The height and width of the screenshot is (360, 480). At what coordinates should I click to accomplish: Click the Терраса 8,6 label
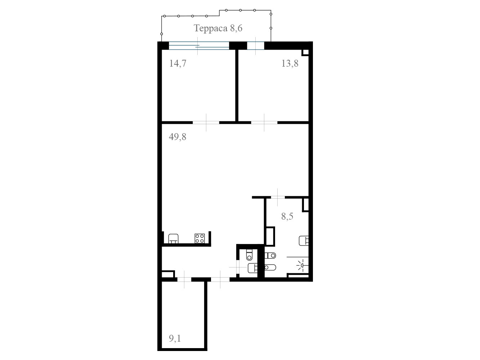pyautogui.click(x=218, y=28)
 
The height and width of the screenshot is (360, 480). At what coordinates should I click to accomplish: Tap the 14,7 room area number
pyautogui.click(x=178, y=63)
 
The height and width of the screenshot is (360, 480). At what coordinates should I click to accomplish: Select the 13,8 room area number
pyautogui.click(x=290, y=63)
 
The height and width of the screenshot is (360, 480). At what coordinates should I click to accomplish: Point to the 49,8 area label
pyautogui.click(x=178, y=137)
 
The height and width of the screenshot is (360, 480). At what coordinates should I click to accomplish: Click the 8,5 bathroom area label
pyautogui.click(x=287, y=216)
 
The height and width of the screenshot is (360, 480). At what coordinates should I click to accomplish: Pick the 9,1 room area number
pyautogui.click(x=175, y=338)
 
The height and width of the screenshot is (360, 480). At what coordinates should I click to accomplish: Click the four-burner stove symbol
pyautogui.click(x=199, y=238)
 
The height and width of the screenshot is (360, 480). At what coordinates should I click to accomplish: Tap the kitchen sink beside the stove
pyautogui.click(x=173, y=238)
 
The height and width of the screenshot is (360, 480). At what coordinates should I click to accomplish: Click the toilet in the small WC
pyautogui.click(x=249, y=255)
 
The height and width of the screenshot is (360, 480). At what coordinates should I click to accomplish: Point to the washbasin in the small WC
pyautogui.click(x=252, y=268)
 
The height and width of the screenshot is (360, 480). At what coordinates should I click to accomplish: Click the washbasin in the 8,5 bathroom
pyautogui.click(x=304, y=240)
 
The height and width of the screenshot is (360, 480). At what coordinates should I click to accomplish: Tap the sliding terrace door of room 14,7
pyautogui.click(x=199, y=46)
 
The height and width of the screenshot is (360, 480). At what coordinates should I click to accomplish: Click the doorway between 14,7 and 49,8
pyautogui.click(x=206, y=123)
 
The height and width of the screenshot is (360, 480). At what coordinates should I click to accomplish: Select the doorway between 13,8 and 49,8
pyautogui.click(x=264, y=123)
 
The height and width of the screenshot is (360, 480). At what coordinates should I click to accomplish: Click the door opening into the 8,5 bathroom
pyautogui.click(x=278, y=197)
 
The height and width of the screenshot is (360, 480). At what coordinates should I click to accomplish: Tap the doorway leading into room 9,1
pyautogui.click(x=184, y=279)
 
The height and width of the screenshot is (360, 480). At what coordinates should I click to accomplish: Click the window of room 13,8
pyautogui.click(x=256, y=46)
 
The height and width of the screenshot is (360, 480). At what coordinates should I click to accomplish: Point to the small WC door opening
pyautogui.click(x=238, y=267)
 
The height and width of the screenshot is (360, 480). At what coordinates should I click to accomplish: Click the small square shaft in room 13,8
pyautogui.click(x=305, y=53)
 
